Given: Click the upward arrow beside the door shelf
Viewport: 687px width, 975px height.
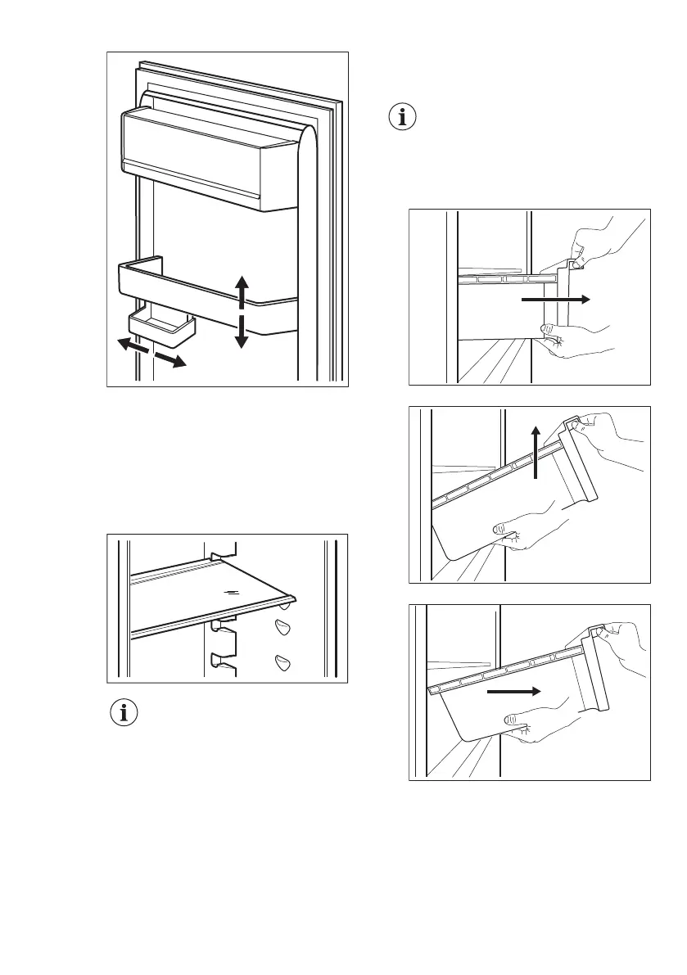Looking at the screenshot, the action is pyautogui.click(x=242, y=291).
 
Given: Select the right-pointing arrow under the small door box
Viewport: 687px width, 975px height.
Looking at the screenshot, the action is pyautogui.click(x=169, y=358).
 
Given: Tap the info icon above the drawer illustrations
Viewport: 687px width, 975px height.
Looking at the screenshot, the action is pyautogui.click(x=401, y=117).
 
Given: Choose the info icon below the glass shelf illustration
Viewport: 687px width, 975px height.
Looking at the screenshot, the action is pyautogui.click(x=124, y=713).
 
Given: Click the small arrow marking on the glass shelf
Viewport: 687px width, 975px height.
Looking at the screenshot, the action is pyautogui.click(x=234, y=588).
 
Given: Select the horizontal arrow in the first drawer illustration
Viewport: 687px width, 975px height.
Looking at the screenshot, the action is pyautogui.click(x=554, y=300).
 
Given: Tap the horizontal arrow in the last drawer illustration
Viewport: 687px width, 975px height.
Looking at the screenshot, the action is pyautogui.click(x=514, y=691).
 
